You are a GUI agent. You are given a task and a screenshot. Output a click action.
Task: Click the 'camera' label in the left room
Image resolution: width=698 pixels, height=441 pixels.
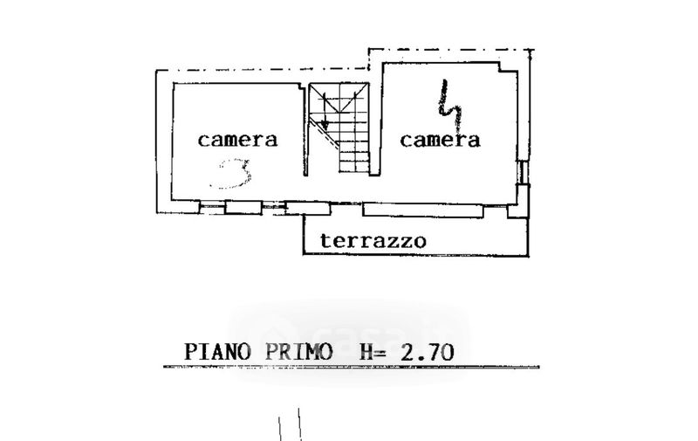(x=237, y=139)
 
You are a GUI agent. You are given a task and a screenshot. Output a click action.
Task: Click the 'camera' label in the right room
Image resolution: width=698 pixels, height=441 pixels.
(x=441, y=139)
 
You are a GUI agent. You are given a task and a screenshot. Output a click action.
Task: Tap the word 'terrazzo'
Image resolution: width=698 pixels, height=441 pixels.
(x=373, y=240)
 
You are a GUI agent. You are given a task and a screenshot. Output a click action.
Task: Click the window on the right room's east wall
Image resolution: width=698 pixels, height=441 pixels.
(x=521, y=172)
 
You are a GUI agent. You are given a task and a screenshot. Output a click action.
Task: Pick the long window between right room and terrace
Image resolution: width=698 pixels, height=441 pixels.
(x=422, y=210)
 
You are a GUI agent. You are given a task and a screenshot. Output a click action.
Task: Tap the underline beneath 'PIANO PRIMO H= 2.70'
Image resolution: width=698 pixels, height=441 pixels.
(x=349, y=368)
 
